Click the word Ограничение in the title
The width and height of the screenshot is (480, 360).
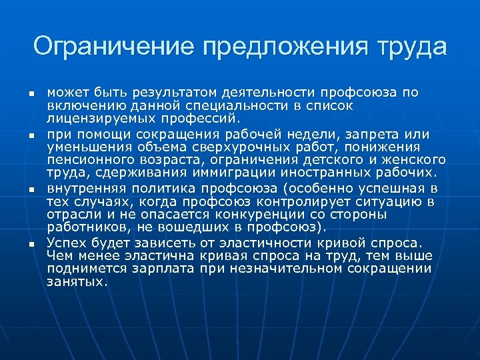113,48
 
